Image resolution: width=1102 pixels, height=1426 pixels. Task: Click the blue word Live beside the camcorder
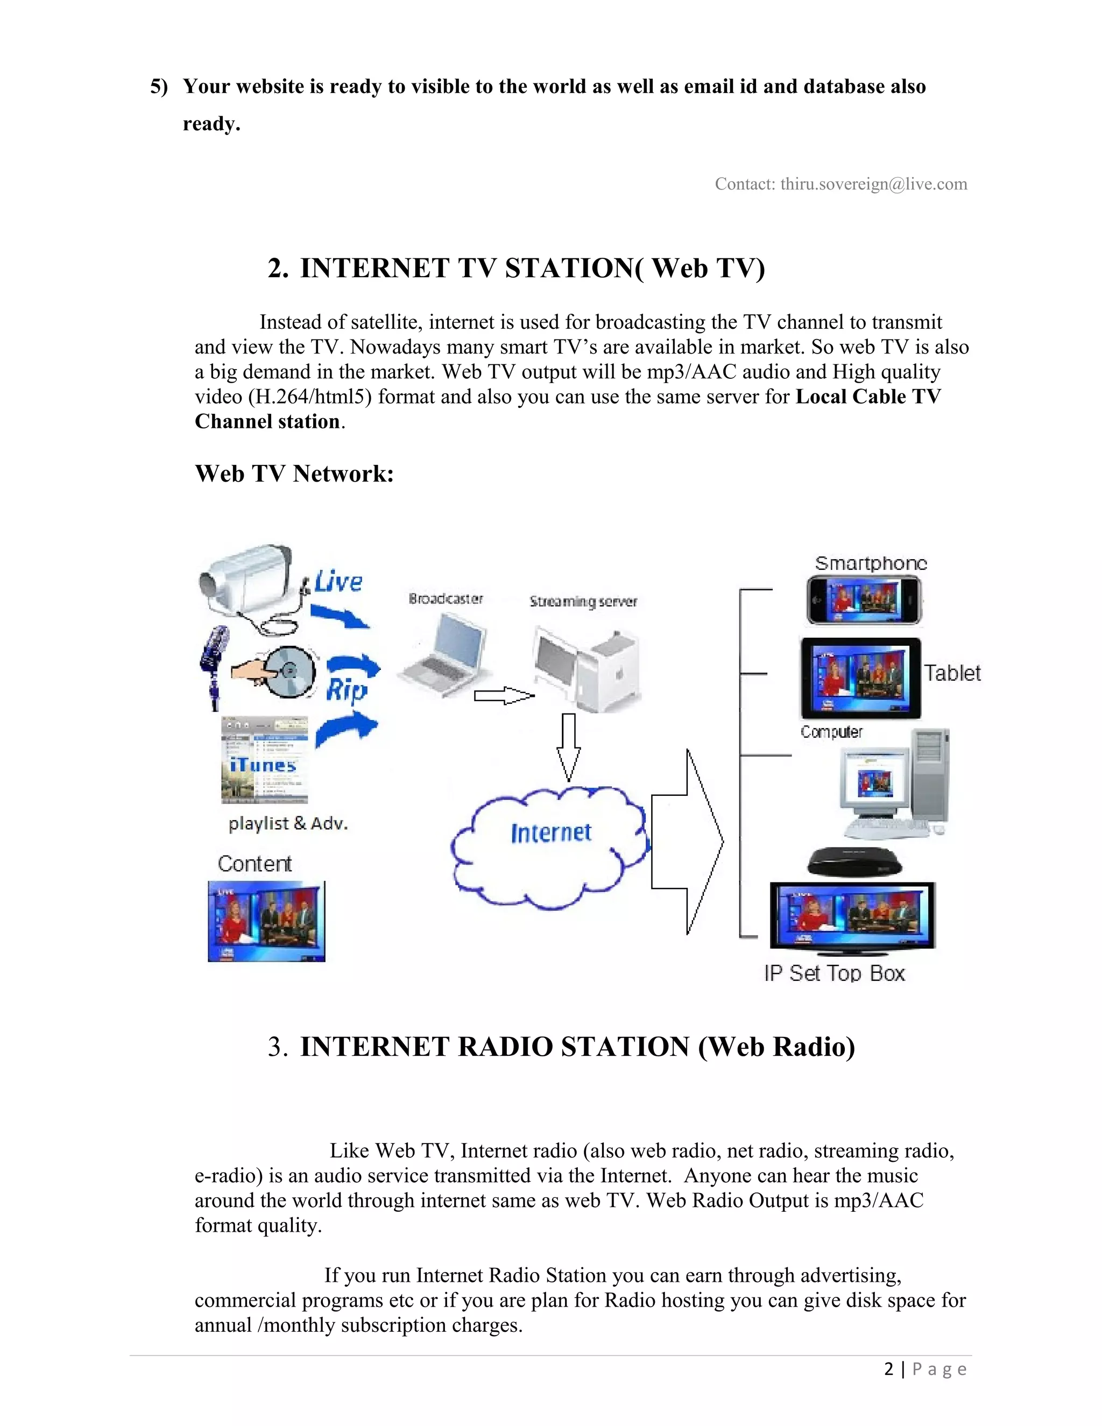click(337, 582)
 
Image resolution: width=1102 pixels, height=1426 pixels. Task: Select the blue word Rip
click(346, 689)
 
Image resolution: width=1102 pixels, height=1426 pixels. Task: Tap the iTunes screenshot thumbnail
click(264, 759)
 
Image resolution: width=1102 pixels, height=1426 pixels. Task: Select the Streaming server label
click(583, 602)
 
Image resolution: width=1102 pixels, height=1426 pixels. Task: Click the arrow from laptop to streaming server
click(503, 696)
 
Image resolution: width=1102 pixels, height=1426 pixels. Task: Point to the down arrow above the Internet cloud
click(568, 746)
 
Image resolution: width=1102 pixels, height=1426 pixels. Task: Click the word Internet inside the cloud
click(551, 832)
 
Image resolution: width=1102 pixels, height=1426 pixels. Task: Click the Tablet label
click(952, 673)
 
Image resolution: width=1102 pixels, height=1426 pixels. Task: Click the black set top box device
click(854, 863)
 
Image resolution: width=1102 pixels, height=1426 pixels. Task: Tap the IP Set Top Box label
click(835, 973)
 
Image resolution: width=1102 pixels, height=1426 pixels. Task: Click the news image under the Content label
click(266, 921)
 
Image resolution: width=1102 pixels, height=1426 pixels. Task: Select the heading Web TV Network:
click(294, 474)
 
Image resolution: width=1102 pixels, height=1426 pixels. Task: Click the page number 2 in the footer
click(888, 1368)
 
